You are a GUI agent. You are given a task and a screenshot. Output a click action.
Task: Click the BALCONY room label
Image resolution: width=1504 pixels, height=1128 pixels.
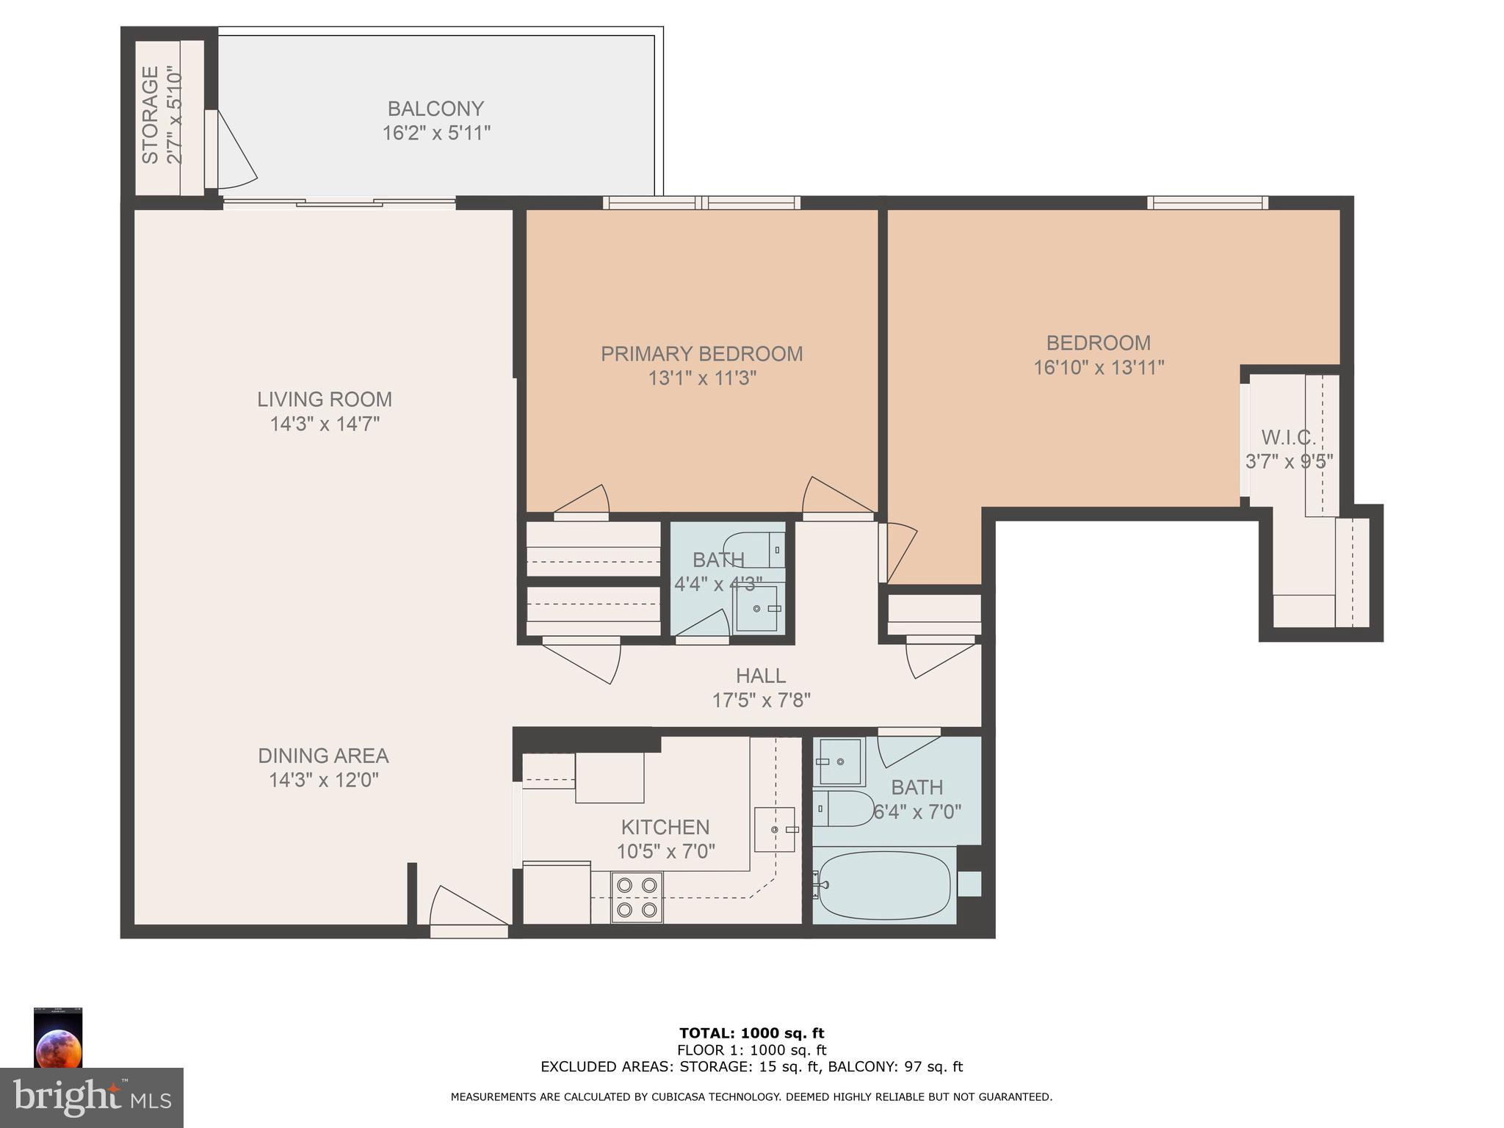tap(435, 109)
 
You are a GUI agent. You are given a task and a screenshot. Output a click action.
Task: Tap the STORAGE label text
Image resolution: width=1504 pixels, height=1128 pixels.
tap(150, 115)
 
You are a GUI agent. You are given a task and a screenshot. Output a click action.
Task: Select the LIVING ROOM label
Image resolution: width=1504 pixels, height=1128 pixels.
tap(324, 399)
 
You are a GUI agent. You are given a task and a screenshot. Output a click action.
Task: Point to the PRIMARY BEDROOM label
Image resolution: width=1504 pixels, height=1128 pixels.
tap(701, 354)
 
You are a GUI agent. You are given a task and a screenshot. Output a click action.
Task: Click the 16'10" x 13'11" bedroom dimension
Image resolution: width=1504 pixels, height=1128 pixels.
tap(1099, 367)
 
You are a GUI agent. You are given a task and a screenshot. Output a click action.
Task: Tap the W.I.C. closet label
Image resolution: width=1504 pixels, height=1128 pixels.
tap(1289, 438)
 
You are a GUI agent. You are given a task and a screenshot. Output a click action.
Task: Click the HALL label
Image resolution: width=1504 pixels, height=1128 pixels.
tap(761, 676)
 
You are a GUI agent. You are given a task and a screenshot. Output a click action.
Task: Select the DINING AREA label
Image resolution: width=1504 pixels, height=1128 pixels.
tap(323, 756)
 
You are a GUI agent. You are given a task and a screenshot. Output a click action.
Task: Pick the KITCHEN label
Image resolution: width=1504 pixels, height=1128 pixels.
tap(665, 828)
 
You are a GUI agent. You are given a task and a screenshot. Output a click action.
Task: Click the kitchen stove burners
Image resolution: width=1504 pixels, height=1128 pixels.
tap(637, 897)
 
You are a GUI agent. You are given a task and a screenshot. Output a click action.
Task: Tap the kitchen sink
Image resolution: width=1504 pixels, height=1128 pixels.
tap(775, 829)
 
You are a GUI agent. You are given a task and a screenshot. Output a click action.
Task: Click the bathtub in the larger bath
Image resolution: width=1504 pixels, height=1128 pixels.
tap(884, 886)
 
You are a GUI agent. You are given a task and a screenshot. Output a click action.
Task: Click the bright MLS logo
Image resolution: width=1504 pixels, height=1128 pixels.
tap(92, 1097)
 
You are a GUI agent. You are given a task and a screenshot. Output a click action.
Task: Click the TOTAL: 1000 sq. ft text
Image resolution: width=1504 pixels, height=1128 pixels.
tap(751, 1034)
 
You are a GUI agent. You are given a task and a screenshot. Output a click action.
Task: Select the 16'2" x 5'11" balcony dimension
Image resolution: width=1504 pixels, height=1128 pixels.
tap(436, 134)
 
